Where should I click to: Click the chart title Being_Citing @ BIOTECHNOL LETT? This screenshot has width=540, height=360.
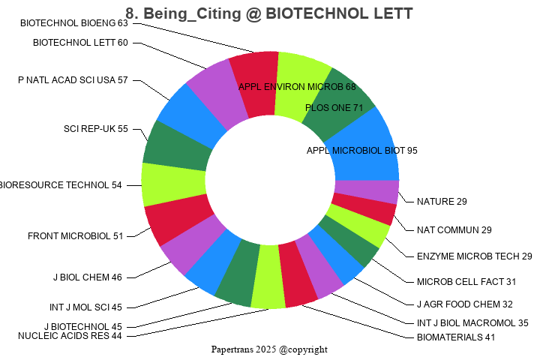click(x=269, y=13)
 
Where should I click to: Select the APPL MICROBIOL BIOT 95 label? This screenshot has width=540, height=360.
click(x=362, y=150)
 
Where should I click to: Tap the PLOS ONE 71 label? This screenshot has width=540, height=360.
click(x=334, y=108)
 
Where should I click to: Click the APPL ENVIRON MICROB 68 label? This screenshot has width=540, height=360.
click(x=297, y=87)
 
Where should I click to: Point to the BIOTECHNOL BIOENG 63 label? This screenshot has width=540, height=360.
click(x=74, y=23)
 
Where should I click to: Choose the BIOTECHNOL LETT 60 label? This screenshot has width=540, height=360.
click(x=80, y=43)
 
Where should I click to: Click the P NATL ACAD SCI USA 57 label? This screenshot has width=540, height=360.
click(x=73, y=80)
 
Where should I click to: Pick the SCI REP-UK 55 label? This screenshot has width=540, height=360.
click(x=96, y=129)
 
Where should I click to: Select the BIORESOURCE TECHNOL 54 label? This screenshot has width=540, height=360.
click(x=60, y=185)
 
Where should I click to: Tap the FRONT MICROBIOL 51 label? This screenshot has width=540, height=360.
click(x=75, y=236)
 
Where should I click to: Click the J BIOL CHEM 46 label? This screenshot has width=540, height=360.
click(x=87, y=277)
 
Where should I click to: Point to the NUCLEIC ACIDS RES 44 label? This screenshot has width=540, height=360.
click(x=70, y=336)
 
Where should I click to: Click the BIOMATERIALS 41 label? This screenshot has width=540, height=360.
click(x=456, y=337)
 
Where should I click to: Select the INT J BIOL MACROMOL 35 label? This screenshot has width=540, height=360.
click(x=472, y=323)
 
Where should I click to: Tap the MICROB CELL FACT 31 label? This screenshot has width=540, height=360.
click(x=466, y=282)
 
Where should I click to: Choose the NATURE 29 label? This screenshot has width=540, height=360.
click(x=442, y=202)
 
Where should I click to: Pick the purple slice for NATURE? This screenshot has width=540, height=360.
click(x=366, y=191)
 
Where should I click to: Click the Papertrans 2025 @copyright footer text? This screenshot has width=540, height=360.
click(x=269, y=349)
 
